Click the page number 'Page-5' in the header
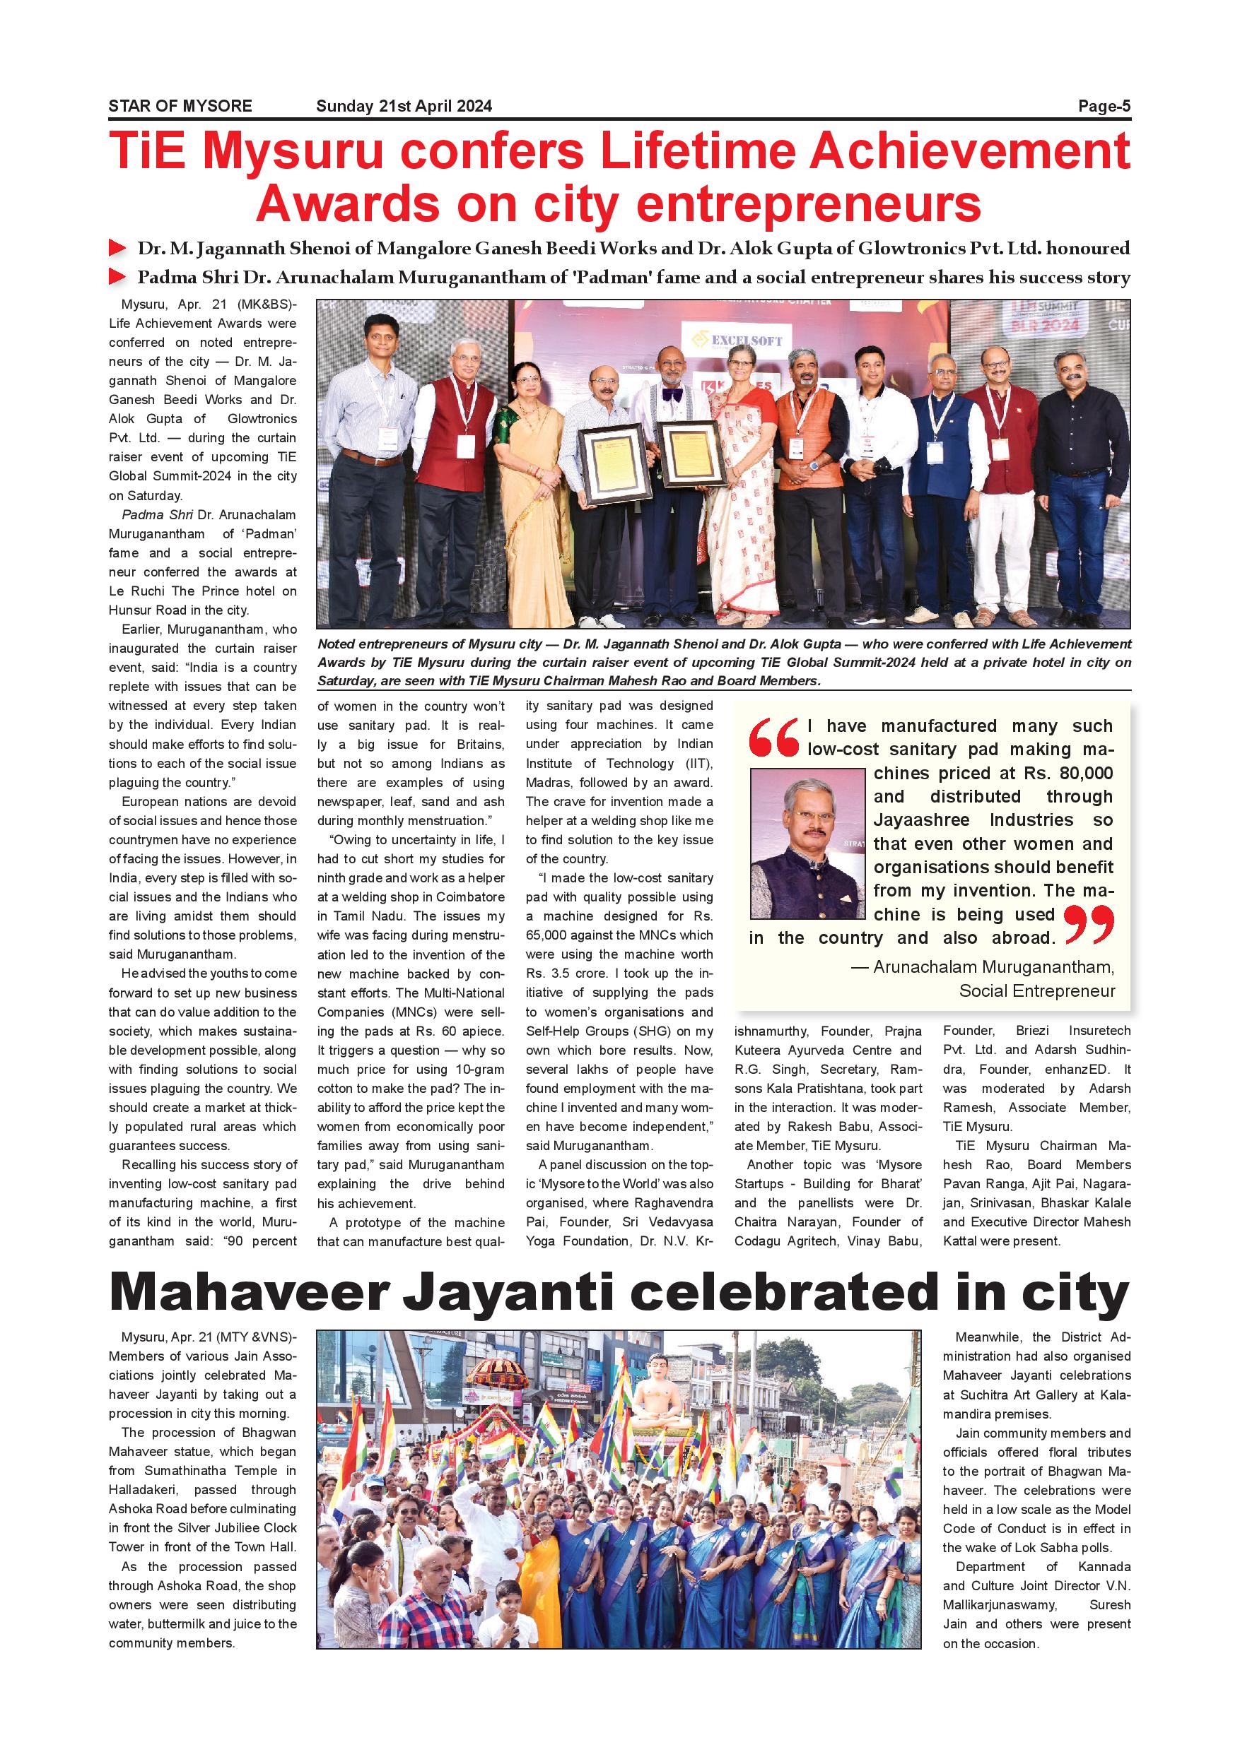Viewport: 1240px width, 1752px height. pyautogui.click(x=1104, y=106)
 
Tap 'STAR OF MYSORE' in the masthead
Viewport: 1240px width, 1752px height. pyautogui.click(x=180, y=106)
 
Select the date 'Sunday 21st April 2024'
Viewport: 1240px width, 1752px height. pyautogui.click(x=404, y=106)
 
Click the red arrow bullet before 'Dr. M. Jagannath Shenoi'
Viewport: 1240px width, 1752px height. pyautogui.click(x=117, y=248)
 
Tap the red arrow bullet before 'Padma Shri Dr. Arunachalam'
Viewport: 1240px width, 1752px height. pyautogui.click(x=117, y=276)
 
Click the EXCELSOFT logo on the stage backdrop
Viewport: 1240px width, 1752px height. pyautogui.click(x=736, y=341)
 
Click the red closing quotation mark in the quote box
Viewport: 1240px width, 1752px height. pyautogui.click(x=1088, y=924)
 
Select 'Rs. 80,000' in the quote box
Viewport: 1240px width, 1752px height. pyautogui.click(x=1068, y=773)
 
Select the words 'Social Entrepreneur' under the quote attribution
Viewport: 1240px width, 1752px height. pyautogui.click(x=1036, y=990)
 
